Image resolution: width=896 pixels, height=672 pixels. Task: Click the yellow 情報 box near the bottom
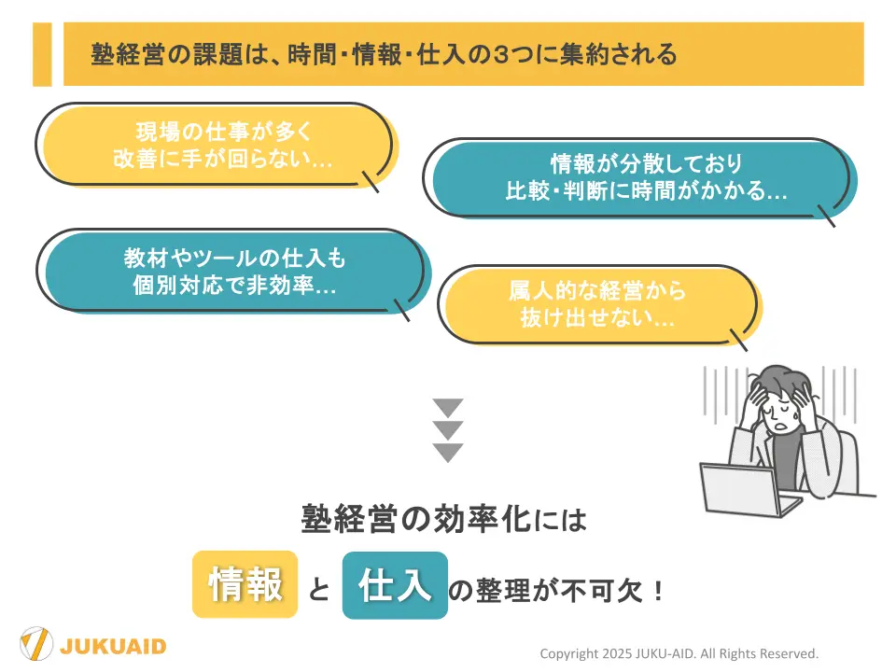[245, 584]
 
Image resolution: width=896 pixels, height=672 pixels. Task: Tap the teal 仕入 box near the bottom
[395, 585]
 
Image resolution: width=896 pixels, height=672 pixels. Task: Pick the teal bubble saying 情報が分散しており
[640, 178]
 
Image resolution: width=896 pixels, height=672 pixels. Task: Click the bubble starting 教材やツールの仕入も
[233, 272]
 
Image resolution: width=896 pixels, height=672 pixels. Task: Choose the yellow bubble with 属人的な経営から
[600, 305]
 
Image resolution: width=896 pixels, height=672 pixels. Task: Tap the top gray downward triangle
[448, 408]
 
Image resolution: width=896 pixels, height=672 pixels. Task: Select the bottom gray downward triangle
[448, 452]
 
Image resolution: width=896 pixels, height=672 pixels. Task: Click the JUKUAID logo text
[113, 647]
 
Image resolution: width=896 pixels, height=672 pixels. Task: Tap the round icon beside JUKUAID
[36, 643]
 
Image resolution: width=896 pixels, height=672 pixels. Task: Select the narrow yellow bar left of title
[42, 54]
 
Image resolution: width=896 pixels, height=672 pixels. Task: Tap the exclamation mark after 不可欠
[658, 591]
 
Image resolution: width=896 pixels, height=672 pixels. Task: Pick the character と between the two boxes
[319, 589]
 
